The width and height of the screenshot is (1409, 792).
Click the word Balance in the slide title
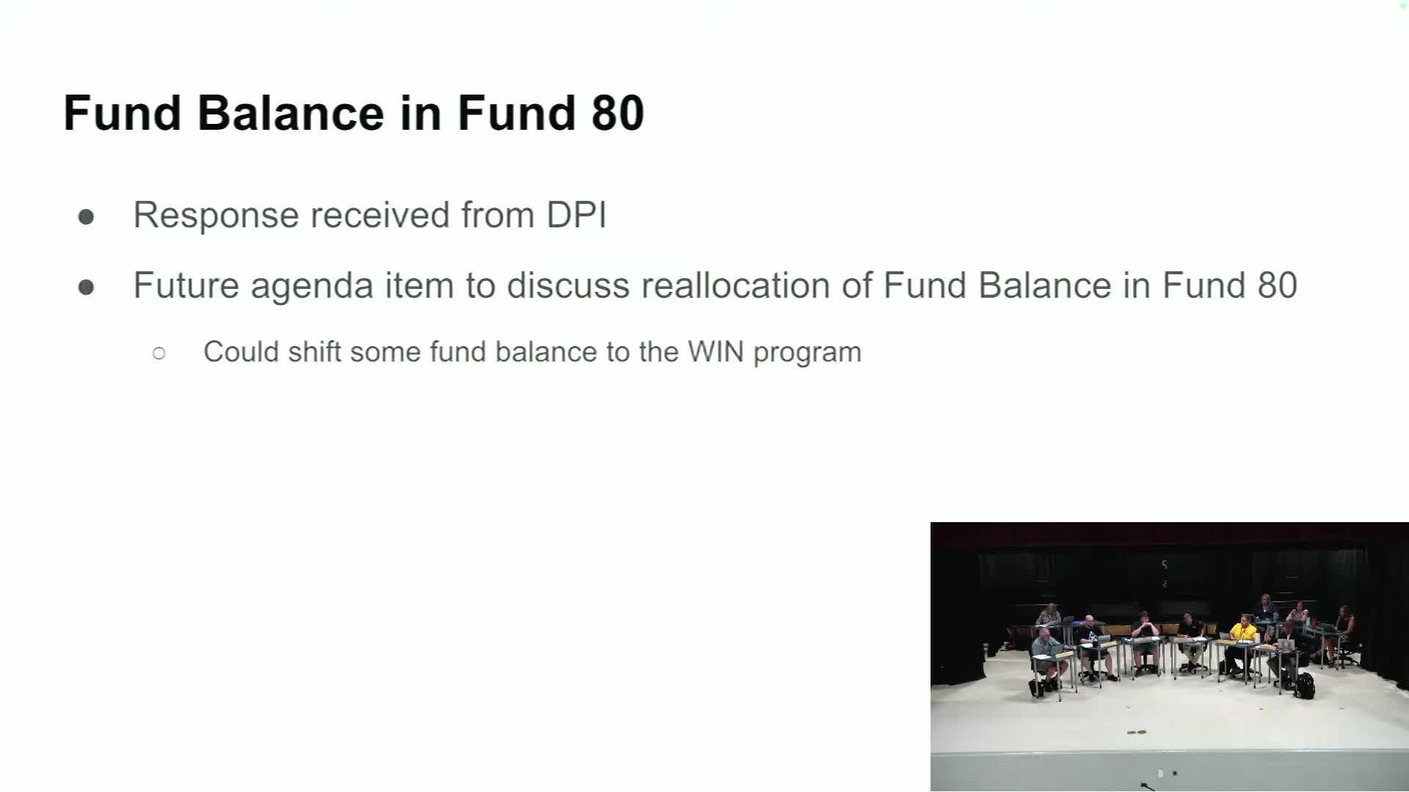[291, 113]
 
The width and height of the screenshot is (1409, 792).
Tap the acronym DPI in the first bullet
[576, 215]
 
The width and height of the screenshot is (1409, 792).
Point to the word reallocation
[735, 285]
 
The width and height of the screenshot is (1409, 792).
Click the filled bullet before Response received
[86, 216]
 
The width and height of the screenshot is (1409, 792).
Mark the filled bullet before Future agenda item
[86, 287]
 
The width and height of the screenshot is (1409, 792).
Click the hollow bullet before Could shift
[159, 353]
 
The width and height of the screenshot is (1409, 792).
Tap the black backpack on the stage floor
[1304, 685]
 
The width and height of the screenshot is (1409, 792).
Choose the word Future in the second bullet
[186, 285]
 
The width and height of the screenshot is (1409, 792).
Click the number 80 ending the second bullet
[1278, 285]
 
